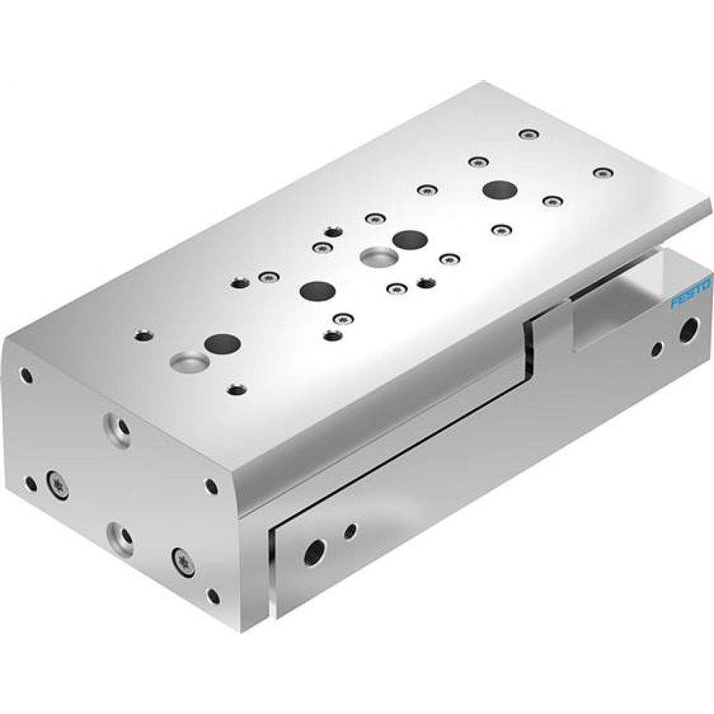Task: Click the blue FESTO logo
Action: [691, 294]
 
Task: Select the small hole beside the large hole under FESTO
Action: [658, 348]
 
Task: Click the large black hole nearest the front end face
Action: [222, 343]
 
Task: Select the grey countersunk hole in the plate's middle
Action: [375, 256]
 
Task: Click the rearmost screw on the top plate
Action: [528, 134]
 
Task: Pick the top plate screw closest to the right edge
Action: [604, 172]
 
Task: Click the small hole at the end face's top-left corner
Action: [26, 373]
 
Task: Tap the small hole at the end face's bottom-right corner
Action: [212, 595]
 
